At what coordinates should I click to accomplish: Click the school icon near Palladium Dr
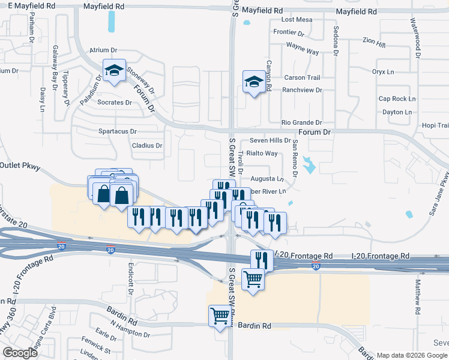pos(113,71)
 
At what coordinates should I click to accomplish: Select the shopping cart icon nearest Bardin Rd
pos(220,316)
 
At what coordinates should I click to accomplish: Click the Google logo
pos(20,353)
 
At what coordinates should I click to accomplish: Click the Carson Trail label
pos(302,77)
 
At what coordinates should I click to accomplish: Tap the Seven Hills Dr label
pos(270,140)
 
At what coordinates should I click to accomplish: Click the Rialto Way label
pos(263,153)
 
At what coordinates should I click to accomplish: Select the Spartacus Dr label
pos(118,131)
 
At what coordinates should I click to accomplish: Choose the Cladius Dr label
pos(147,145)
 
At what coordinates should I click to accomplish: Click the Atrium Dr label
pos(101,50)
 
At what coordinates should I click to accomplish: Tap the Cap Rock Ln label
pos(397,99)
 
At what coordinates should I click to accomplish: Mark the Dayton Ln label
pos(396,112)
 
